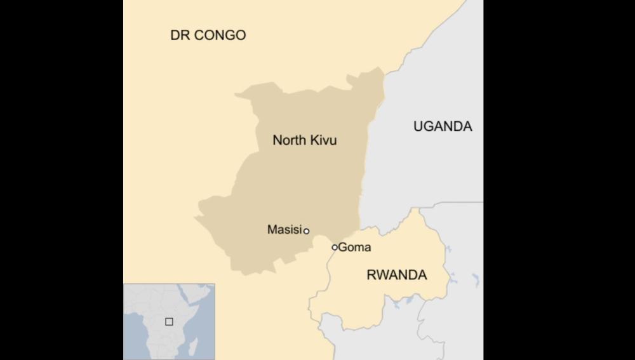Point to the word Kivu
(323, 140)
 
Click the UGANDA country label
(443, 126)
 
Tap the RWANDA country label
(397, 275)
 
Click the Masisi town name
(283, 230)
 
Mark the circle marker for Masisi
(306, 231)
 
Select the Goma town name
(354, 248)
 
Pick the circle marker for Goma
(335, 247)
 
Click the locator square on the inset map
(169, 321)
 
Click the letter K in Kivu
(314, 140)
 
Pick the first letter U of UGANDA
(418, 126)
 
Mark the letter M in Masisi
(272, 230)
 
